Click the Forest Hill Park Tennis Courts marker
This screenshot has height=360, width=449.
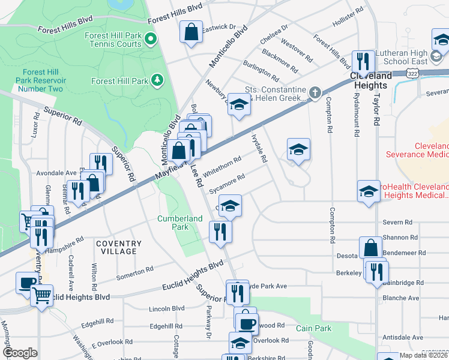click(x=151, y=40)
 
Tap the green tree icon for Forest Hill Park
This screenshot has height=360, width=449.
click(x=157, y=80)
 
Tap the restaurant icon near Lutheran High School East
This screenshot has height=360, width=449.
click(x=363, y=61)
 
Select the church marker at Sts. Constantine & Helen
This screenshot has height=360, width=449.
click(x=314, y=92)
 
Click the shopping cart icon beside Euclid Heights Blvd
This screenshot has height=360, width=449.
click(x=41, y=294)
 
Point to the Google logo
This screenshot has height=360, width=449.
click(x=20, y=353)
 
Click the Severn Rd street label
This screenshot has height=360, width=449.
click(x=395, y=223)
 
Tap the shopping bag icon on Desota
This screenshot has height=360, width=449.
click(x=370, y=247)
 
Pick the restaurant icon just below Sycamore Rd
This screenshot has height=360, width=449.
click(x=220, y=231)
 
